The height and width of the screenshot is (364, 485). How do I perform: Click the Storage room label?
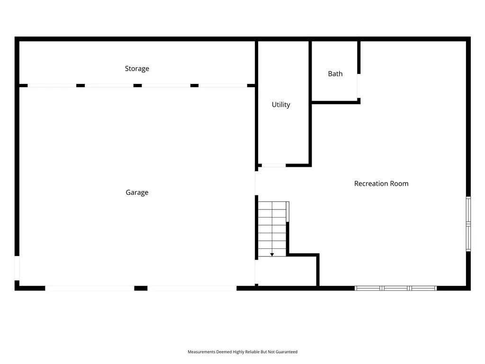click(137, 69)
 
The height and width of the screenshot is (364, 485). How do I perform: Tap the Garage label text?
click(137, 192)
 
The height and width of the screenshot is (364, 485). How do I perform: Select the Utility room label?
click(281, 105)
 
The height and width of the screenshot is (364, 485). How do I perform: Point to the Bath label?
click(335, 73)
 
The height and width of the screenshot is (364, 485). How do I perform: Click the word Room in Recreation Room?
click(399, 183)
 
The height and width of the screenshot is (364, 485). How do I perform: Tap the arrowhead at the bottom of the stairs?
click(272, 255)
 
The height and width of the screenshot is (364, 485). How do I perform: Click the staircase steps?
click(272, 229)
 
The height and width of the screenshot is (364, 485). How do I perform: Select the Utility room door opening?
click(274, 165)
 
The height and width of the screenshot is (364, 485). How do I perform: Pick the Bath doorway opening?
click(359, 86)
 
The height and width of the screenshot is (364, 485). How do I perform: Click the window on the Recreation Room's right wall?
click(468, 224)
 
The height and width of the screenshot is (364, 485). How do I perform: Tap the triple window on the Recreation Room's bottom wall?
click(395, 288)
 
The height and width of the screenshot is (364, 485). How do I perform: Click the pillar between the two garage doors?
click(141, 288)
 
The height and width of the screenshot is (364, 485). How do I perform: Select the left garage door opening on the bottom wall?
click(90, 288)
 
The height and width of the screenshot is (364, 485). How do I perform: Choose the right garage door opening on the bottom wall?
click(192, 288)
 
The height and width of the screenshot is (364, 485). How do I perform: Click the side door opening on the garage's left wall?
click(17, 268)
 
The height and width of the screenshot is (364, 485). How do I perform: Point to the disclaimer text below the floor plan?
click(242, 352)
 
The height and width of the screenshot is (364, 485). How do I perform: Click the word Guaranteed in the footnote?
click(287, 352)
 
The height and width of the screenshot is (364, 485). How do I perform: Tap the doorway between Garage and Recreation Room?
click(256, 183)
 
